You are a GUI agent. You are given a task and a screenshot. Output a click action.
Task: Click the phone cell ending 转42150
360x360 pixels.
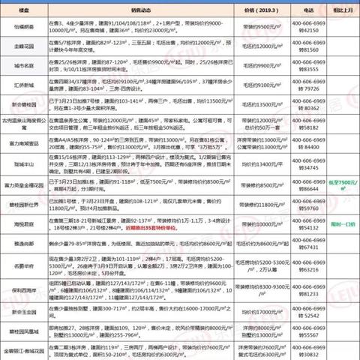[306, 34]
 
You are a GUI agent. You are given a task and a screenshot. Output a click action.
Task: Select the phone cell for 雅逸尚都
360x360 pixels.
[306, 243]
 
